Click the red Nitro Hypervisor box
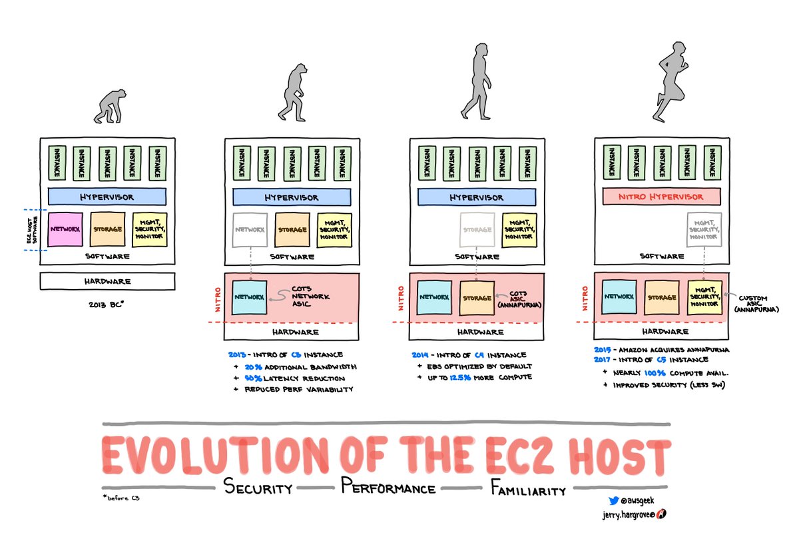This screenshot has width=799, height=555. tap(662, 197)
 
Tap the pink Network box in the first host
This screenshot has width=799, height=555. tap(65, 229)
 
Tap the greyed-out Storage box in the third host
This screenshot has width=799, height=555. tap(477, 229)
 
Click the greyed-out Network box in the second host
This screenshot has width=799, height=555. tap(250, 229)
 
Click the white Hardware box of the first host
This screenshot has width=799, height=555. tap(107, 281)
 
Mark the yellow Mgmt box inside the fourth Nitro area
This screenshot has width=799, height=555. tap(704, 296)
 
